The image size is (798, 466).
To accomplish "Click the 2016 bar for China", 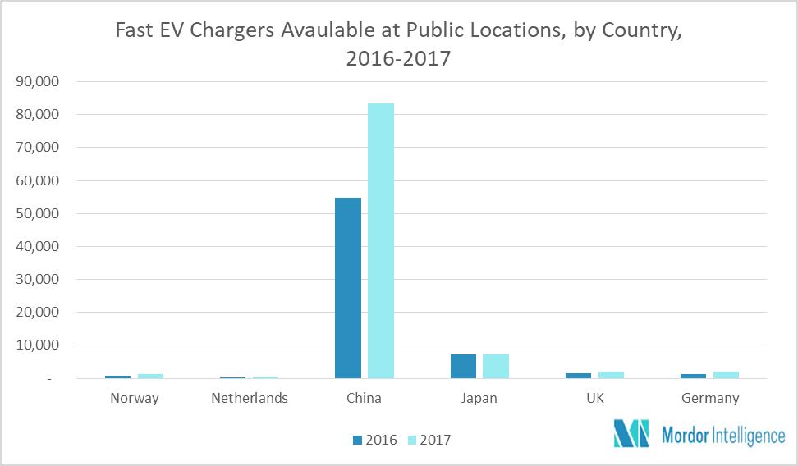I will (348, 288).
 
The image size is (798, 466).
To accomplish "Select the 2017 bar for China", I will (380, 241).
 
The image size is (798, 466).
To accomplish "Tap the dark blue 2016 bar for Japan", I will (464, 367).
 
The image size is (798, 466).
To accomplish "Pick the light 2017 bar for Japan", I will (496, 367).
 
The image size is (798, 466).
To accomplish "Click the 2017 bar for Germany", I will (727, 375).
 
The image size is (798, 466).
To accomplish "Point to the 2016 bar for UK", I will (579, 376).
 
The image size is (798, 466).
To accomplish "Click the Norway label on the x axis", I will (134, 399).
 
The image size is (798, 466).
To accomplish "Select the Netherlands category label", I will (250, 399).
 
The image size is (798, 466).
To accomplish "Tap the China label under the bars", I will (365, 399).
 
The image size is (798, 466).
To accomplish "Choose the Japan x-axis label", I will (479, 399).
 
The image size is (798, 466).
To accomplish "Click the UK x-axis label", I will (594, 399).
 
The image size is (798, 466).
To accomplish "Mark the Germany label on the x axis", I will (710, 399).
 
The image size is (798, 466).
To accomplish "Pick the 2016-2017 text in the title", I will (399, 60).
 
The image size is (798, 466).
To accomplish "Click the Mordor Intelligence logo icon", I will (631, 434).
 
